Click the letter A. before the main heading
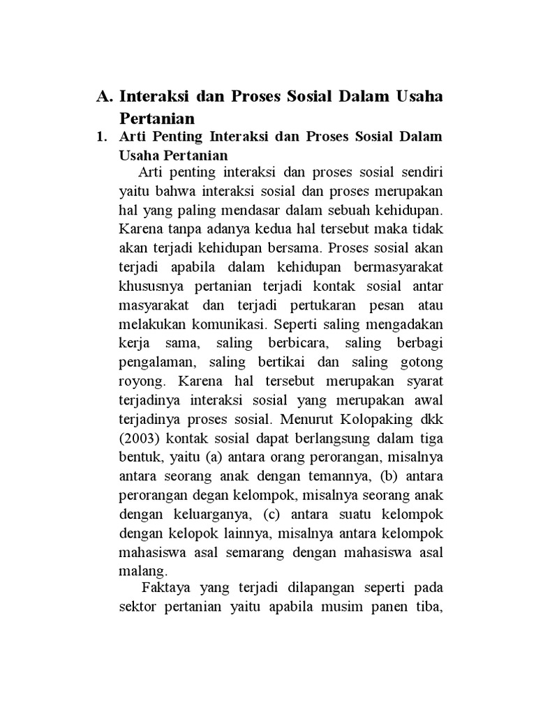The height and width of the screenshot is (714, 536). pyautogui.click(x=105, y=96)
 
